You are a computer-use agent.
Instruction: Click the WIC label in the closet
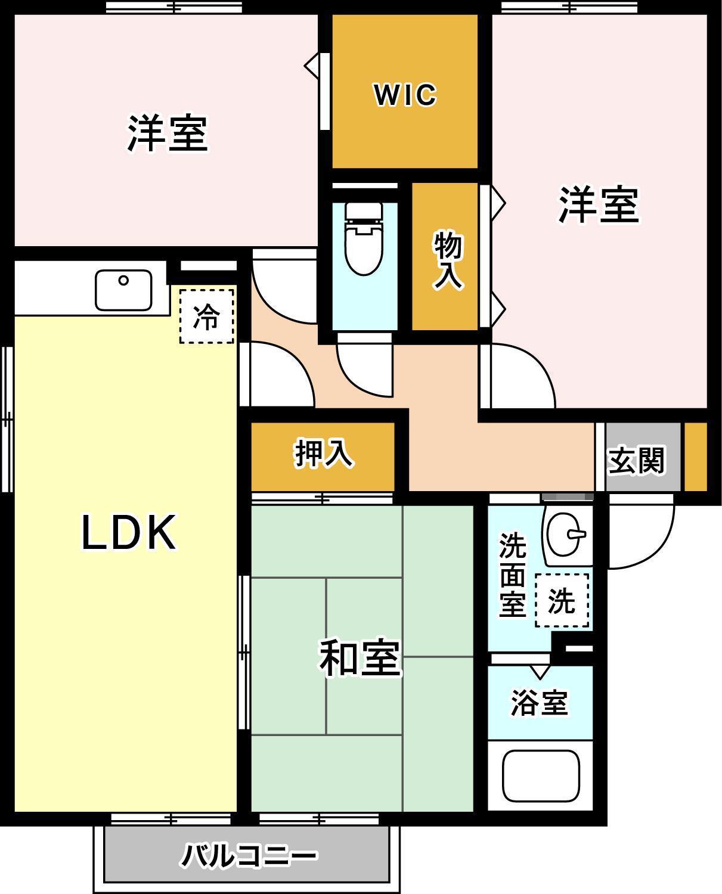pos(405,95)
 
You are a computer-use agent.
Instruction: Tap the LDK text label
pos(129,533)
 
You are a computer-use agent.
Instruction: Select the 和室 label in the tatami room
pos(360,658)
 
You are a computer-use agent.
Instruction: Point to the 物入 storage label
pos(448,261)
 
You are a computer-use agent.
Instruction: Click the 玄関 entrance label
pos(636,460)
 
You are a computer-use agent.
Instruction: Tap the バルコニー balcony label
pos(249,856)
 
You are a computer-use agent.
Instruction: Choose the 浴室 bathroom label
pos(540,703)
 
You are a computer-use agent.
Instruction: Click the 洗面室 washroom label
pos(512,575)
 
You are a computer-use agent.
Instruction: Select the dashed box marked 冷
pos(206,316)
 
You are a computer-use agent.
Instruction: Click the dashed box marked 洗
pos(562,600)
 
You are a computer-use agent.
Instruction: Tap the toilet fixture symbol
pos(363,238)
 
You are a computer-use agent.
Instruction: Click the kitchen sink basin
pos(123,290)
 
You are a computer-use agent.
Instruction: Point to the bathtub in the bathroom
pos(541,775)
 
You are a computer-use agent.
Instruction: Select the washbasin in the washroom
pos(566,533)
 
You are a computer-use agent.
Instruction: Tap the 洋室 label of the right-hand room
pos(598,204)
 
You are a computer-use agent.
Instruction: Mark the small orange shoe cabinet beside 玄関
pos(695,457)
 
